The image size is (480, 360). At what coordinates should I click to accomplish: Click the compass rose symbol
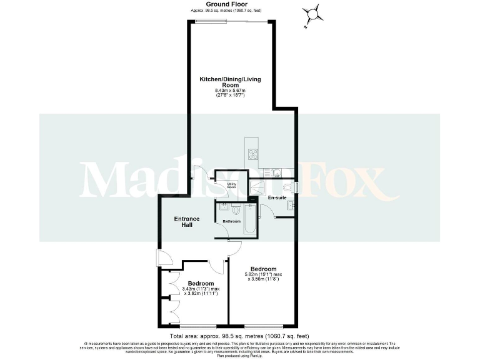point(312,13)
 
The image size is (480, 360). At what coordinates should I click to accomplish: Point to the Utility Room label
point(231,185)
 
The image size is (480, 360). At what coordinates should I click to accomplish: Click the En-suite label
point(277,197)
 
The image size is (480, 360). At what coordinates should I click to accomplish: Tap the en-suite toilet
point(287,186)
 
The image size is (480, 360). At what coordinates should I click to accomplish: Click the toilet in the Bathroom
point(236,210)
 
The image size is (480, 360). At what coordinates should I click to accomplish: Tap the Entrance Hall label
point(187,222)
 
